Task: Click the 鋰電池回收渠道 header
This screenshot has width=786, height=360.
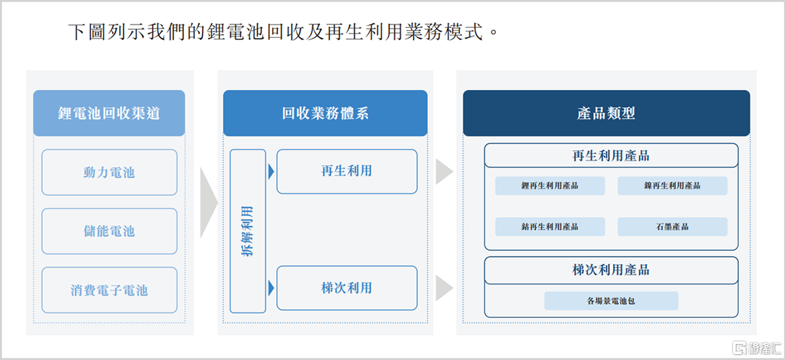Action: pyautogui.click(x=109, y=114)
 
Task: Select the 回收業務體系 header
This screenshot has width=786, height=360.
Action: pyautogui.click(x=325, y=114)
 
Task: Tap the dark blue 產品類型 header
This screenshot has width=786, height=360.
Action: pyautogui.click(x=606, y=114)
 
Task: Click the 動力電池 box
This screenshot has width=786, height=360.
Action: pyautogui.click(x=109, y=172)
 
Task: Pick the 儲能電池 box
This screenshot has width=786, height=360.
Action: pyautogui.click(x=109, y=231)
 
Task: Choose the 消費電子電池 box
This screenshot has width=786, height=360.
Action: pyautogui.click(x=109, y=290)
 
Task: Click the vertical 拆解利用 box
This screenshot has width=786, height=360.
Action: pyautogui.click(x=248, y=231)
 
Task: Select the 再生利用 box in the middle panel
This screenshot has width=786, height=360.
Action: pyautogui.click(x=347, y=171)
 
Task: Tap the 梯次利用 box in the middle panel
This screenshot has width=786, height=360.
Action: pyautogui.click(x=347, y=288)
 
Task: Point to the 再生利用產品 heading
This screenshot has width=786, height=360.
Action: pyautogui.click(x=611, y=156)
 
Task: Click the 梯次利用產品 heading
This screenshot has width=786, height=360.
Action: pyautogui.click(x=611, y=270)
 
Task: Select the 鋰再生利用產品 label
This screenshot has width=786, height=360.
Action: pyautogui.click(x=550, y=186)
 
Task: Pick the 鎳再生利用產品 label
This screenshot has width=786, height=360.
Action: pyautogui.click(x=672, y=186)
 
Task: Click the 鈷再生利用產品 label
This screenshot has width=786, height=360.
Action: pyautogui.click(x=550, y=226)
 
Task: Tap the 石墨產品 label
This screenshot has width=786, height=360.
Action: pyautogui.click(x=672, y=226)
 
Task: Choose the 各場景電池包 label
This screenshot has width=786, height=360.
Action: pyautogui.click(x=611, y=301)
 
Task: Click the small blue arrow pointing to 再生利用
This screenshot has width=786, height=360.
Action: pyautogui.click(x=272, y=171)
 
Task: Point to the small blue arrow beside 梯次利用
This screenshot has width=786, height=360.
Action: pyautogui.click(x=272, y=288)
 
